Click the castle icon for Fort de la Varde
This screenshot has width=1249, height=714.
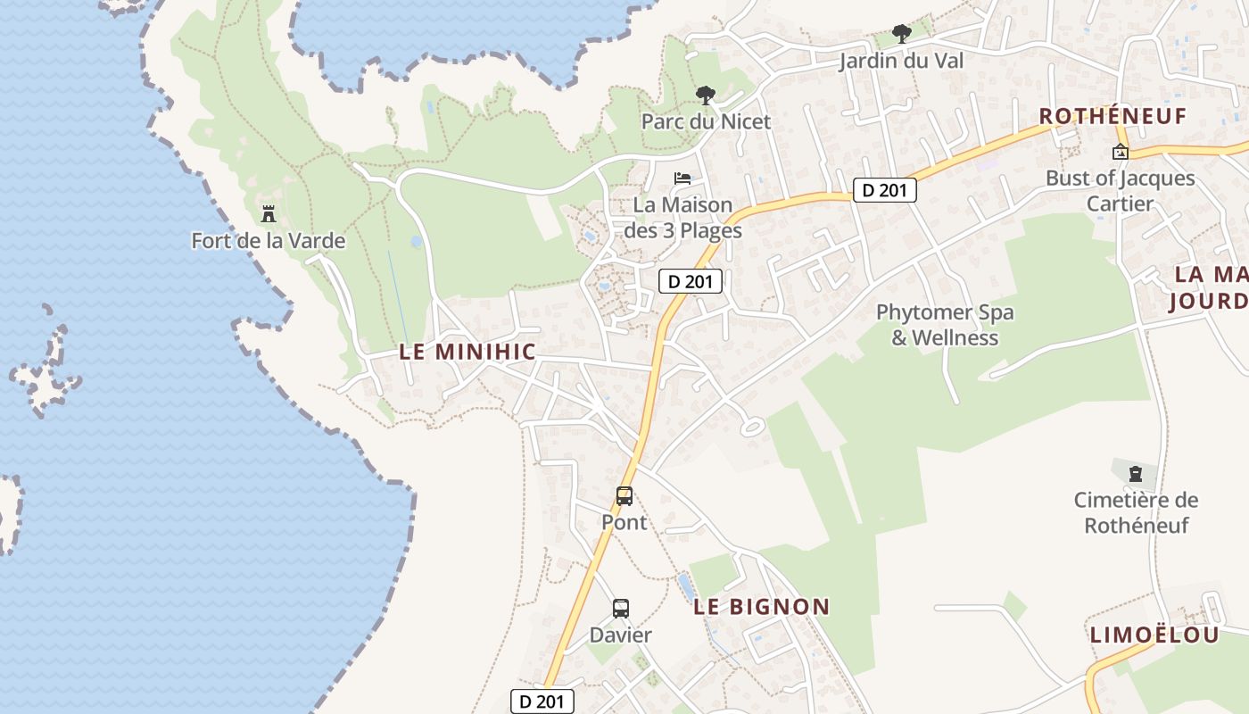pos(268,214)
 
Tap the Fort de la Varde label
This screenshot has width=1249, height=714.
pos(268,241)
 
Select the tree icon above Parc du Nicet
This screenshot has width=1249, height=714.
pos(706,95)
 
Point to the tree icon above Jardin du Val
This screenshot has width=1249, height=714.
pos(902,35)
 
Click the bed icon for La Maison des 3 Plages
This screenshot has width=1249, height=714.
pos(682,178)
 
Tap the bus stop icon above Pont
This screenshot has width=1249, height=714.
pos(624,496)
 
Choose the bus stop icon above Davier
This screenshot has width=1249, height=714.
pos(621,609)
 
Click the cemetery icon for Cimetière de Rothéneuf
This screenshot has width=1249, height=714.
pos(1136,473)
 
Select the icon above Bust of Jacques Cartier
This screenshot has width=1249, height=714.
pos(1121,152)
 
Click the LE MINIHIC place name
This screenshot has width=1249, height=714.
pos(467,353)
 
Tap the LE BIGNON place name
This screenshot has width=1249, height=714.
pos(762,607)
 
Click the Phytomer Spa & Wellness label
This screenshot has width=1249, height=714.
pos(945,325)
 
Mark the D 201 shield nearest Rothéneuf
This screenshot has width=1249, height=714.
pos(884,190)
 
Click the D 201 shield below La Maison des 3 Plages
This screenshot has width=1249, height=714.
pos(690,281)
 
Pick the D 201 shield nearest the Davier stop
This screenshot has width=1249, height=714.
pos(542,702)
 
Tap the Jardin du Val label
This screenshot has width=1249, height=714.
pos(901,61)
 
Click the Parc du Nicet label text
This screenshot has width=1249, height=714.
pos(706,121)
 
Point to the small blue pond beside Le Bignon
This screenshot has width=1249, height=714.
pos(684,585)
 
